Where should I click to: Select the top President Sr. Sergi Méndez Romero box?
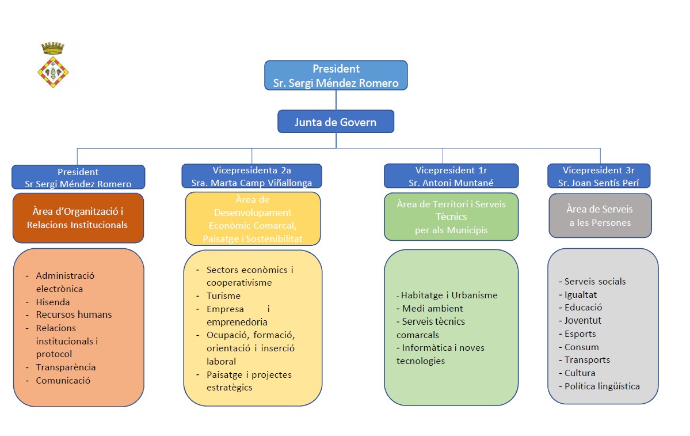[x=336, y=75]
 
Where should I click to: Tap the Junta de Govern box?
[x=336, y=122]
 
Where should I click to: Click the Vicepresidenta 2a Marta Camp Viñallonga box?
[x=251, y=176]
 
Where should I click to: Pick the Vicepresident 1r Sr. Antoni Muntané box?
[x=451, y=176]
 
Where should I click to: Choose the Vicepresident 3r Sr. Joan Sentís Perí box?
[x=598, y=176]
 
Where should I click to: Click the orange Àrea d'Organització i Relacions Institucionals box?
[x=78, y=218]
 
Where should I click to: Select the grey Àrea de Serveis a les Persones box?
[x=600, y=215]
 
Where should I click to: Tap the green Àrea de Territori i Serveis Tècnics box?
[x=451, y=217]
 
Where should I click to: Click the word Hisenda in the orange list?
[x=53, y=302]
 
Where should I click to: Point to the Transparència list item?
[x=66, y=367]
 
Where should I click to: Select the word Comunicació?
[x=63, y=380]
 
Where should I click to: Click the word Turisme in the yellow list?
[x=223, y=295]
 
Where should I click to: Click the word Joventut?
[x=582, y=320]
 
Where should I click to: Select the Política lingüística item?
[x=601, y=386]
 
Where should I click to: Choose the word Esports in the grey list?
[x=580, y=333]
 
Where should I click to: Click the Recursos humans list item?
[x=74, y=314]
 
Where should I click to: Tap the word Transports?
[x=586, y=359]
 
